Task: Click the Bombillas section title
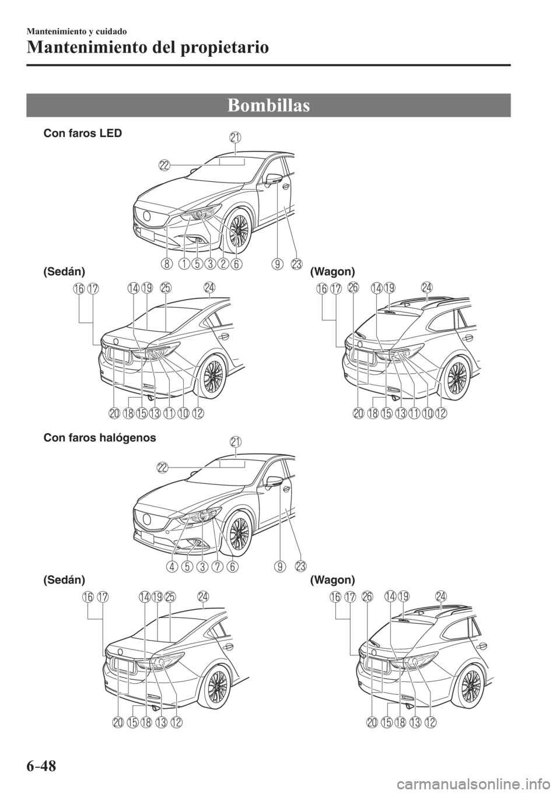[269, 106]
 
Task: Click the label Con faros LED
[83, 133]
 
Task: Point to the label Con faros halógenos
[99, 438]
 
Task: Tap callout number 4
[171, 565]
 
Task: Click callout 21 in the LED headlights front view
[236, 138]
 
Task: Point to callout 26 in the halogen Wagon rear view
[366, 598]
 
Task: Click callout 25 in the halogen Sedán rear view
[170, 597]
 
